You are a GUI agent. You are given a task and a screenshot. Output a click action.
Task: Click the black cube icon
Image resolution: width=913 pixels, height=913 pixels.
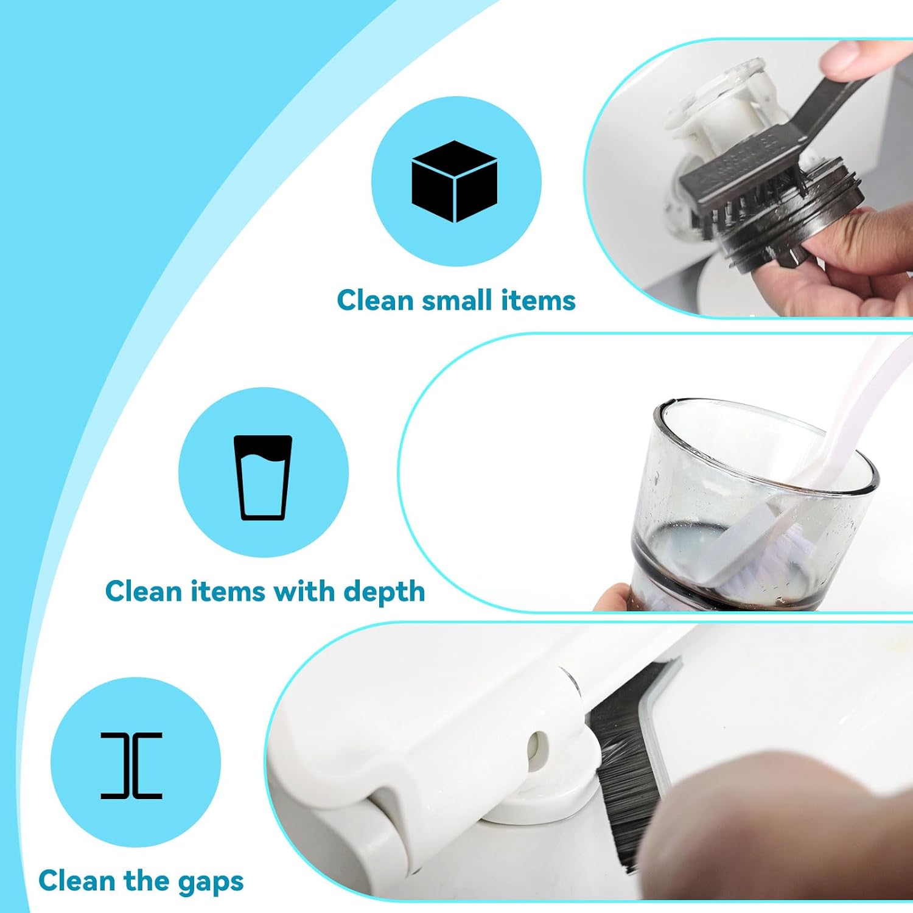coord(454,181)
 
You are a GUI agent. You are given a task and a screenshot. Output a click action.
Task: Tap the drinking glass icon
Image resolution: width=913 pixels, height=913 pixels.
coord(263,477)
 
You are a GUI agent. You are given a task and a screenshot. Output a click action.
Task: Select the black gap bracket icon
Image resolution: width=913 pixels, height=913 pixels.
coord(131,765)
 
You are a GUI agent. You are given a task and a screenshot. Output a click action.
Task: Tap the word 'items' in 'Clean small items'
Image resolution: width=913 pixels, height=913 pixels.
coord(538,300)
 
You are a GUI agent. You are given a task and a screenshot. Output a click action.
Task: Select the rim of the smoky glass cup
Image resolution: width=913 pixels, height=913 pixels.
coord(761,420)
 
